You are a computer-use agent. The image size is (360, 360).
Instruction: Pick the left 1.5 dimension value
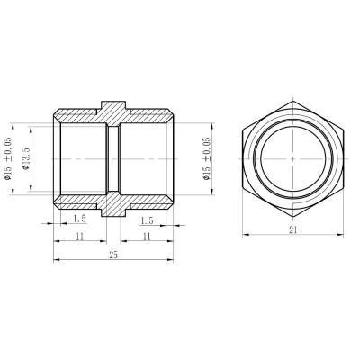tap(81, 219)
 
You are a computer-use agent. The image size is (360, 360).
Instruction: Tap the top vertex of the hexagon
tap(293, 87)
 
